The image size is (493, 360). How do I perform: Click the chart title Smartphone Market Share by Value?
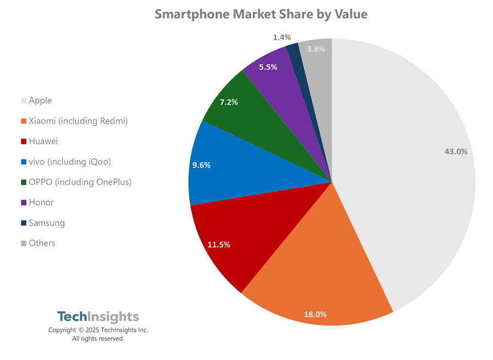click(260, 14)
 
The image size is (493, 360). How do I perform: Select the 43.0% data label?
click(456, 151)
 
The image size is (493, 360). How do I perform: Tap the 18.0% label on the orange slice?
click(315, 314)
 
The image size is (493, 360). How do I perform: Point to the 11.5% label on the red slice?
click(218, 245)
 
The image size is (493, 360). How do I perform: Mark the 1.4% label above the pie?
click(281, 37)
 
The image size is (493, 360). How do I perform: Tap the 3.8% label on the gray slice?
click(315, 49)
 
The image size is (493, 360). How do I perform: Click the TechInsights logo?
click(98, 317)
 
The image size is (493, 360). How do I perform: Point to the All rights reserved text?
click(98, 339)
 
